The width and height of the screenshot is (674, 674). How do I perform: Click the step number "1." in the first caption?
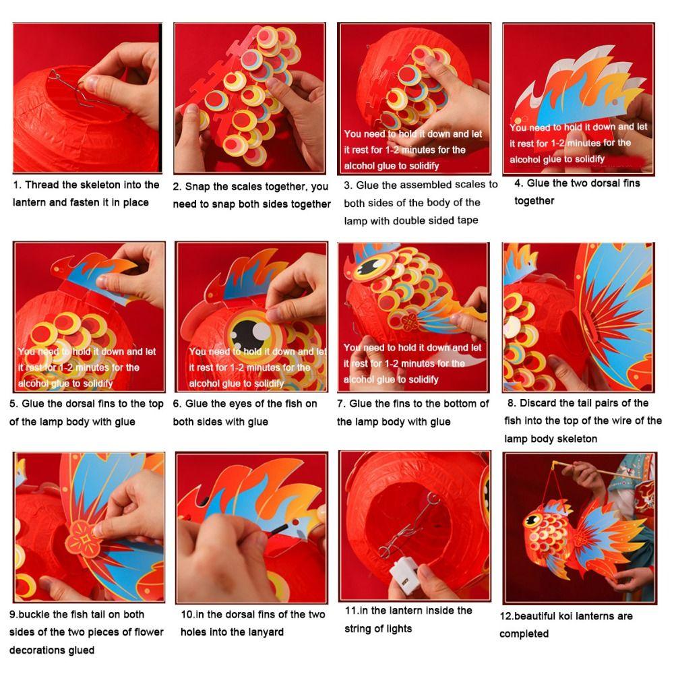coord(17,185)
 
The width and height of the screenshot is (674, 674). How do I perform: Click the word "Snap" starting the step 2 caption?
coord(199,187)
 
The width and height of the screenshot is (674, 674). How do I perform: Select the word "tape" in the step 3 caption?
coord(467,220)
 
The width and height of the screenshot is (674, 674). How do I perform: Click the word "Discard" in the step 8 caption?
coord(538,403)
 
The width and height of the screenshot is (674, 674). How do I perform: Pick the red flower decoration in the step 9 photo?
coord(86,540)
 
